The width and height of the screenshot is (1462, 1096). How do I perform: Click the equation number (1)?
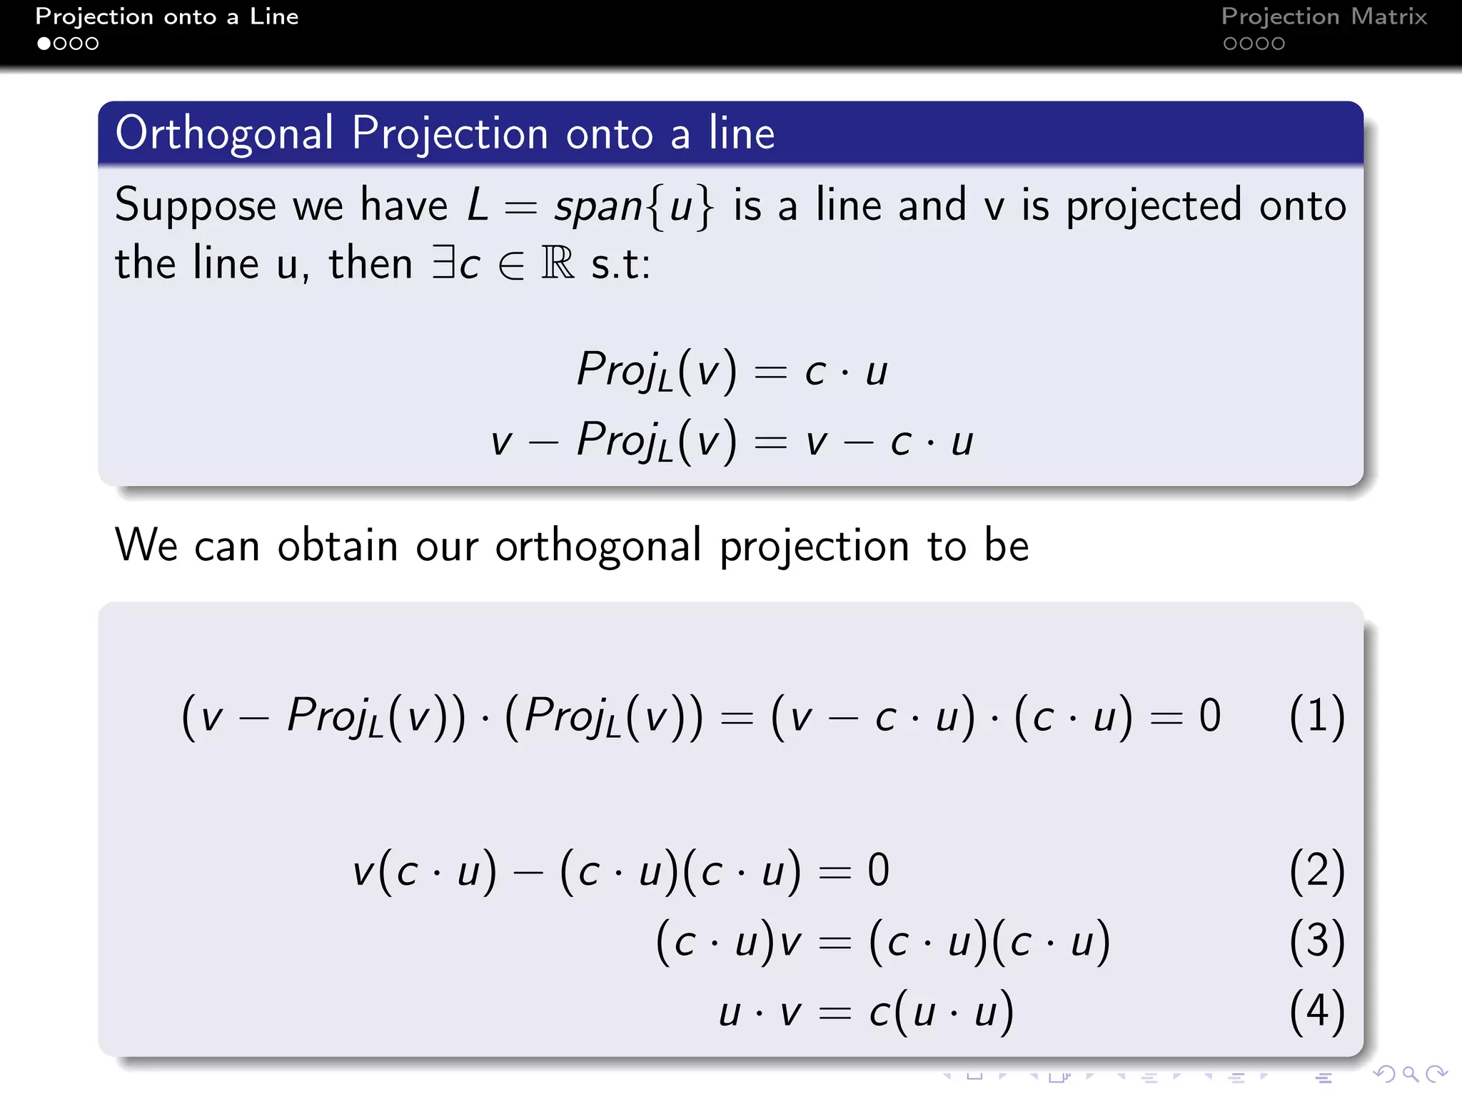point(1317,716)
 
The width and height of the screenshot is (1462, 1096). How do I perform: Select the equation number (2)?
point(1317,871)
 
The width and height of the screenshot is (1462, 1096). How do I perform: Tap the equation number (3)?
point(1317,941)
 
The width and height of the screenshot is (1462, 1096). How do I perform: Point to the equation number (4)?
point(1317,1011)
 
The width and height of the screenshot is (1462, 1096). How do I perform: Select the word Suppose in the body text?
point(195,206)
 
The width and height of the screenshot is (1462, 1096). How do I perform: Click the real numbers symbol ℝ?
point(558,263)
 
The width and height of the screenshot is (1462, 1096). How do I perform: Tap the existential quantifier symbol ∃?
point(444,263)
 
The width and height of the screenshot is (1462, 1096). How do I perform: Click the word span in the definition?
point(599,208)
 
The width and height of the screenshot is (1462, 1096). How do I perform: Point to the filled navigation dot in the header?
point(44,44)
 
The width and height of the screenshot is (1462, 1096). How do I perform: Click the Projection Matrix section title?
point(1324,16)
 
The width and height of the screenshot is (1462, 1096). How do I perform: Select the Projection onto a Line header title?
point(167,16)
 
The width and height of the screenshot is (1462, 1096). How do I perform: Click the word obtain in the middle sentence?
point(337,546)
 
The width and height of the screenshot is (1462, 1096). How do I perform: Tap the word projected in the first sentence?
point(1154,206)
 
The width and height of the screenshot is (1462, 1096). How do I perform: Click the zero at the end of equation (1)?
point(1210,716)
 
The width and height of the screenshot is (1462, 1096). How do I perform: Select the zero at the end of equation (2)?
point(879,871)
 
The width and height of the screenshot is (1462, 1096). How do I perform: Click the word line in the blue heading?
point(742,133)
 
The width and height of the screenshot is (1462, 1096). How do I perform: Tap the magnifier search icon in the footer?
point(1409,1074)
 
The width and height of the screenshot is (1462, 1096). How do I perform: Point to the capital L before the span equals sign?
point(478,205)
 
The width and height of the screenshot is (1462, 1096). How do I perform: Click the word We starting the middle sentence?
point(146,546)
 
